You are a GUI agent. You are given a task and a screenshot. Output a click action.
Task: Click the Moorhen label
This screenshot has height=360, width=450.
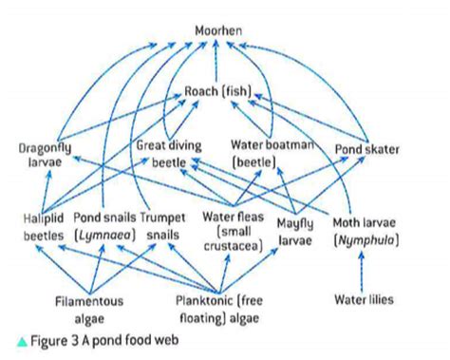point(218,31)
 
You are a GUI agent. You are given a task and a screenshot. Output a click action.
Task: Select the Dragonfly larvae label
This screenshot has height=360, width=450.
point(44,155)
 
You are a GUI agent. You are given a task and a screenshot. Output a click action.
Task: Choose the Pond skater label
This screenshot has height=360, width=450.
point(367,149)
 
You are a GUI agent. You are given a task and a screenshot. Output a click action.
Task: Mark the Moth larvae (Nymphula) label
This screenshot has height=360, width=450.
point(366,231)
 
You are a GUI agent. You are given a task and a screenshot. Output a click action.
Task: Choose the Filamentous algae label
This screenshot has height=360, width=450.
point(88,309)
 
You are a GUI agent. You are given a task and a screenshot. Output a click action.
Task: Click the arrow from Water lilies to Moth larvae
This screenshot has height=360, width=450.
point(366,269)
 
